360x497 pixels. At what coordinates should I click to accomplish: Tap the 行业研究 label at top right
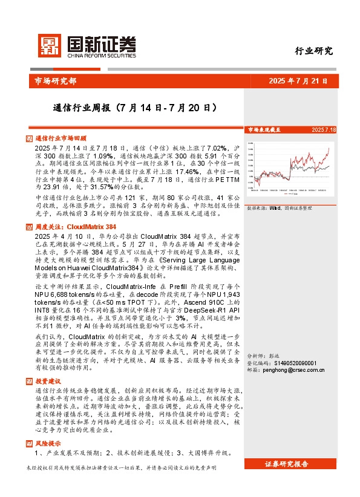pyautogui.click(x=314, y=51)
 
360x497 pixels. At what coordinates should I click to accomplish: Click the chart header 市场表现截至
pyautogui.click(x=264, y=129)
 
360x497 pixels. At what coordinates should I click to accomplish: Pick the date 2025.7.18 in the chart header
pyautogui.click(x=324, y=129)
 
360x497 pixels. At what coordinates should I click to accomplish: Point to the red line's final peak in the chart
pyautogui.click(x=329, y=148)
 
